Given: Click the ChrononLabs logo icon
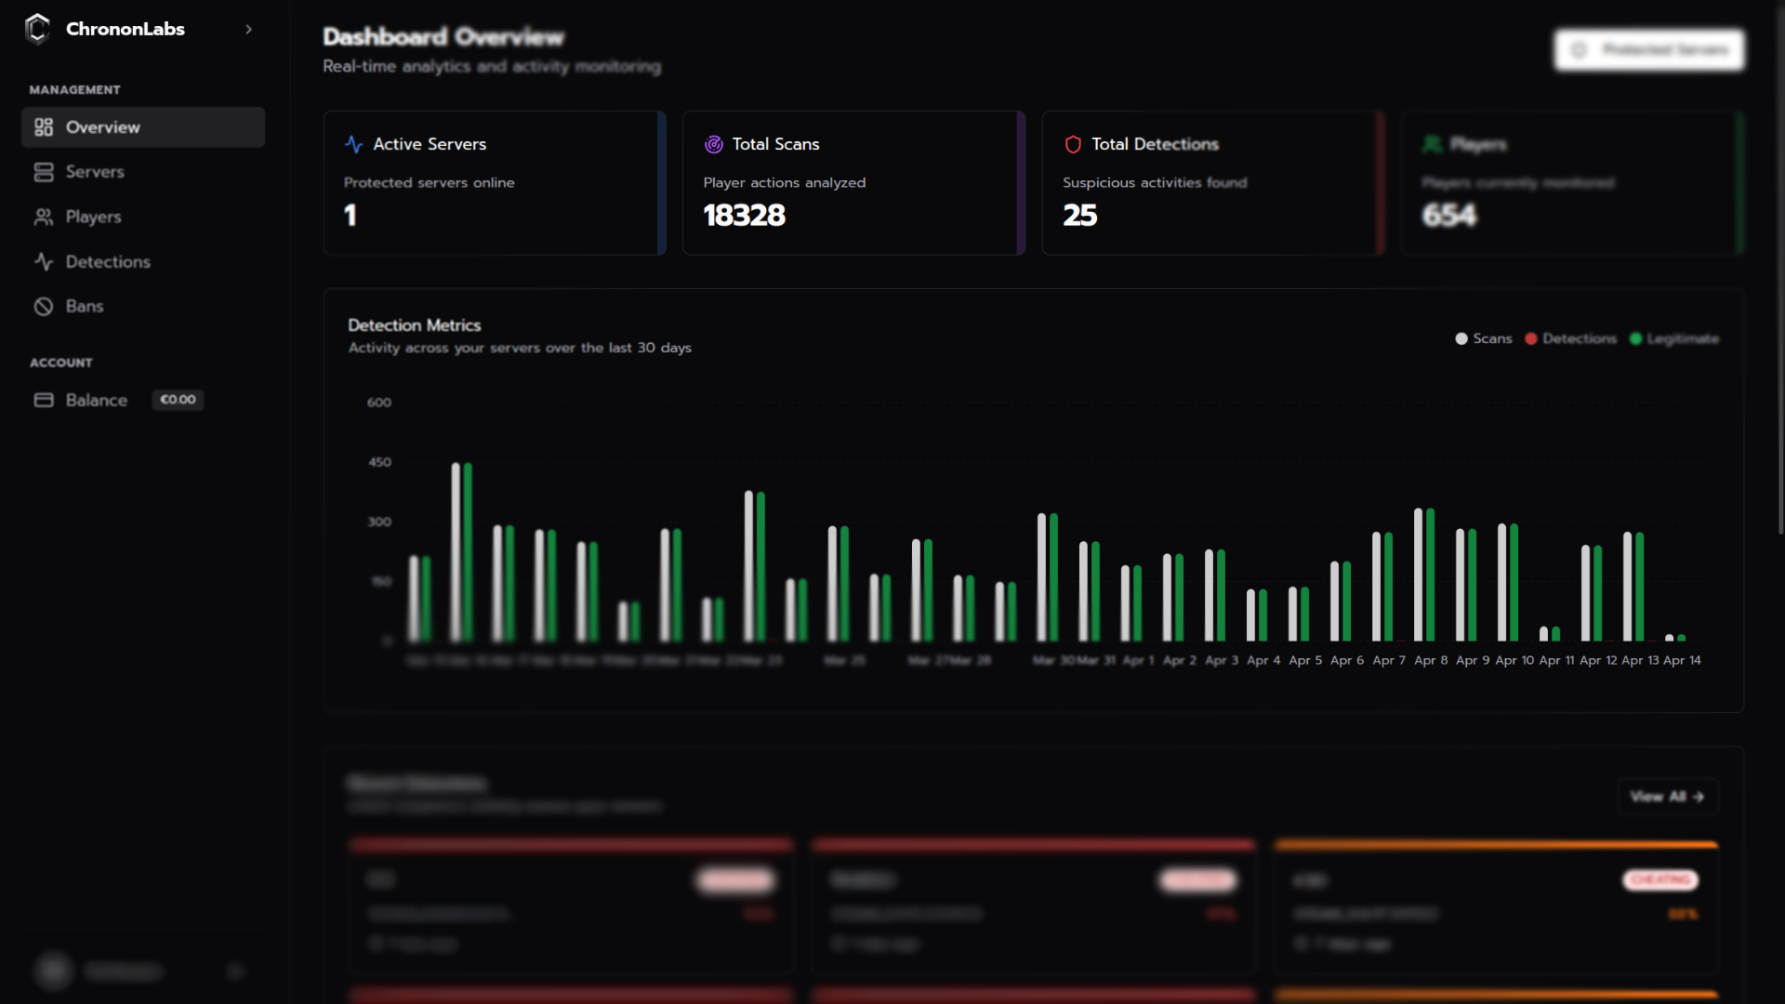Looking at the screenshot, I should click(37, 29).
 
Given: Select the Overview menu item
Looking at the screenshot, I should click(102, 127).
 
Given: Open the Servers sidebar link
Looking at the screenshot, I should click(94, 172).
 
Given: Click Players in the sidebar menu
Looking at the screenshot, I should click(93, 217).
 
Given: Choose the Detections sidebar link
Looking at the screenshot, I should click(107, 262).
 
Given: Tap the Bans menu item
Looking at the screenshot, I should click(84, 307).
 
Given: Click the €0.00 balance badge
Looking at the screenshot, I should click(178, 400).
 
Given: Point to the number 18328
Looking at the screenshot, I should click(744, 216).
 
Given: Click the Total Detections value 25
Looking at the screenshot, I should click(1079, 216).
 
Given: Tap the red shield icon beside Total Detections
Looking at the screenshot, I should click(1073, 144).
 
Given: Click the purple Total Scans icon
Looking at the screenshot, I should click(713, 144).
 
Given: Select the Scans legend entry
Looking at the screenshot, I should click(1484, 338).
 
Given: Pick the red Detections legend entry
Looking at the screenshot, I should click(1570, 338).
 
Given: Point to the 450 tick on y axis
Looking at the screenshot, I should click(379, 462).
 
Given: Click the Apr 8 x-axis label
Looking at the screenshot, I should click(1431, 660).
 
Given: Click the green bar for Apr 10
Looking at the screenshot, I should click(1514, 582).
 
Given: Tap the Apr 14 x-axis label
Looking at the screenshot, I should click(1682, 660).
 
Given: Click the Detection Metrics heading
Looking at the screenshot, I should click(414, 325).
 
